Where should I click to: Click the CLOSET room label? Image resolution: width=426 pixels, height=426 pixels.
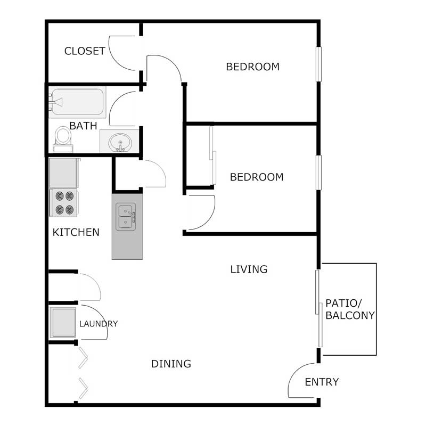tap(85, 51)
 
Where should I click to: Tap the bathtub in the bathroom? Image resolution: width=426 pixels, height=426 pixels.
tap(77, 102)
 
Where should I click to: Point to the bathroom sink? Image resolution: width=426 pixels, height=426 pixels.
tap(120, 142)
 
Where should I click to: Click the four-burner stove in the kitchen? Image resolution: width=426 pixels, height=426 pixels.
tap(64, 203)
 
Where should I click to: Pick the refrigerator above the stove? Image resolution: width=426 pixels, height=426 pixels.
tap(64, 173)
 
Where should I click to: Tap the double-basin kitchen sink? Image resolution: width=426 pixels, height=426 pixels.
tap(126, 217)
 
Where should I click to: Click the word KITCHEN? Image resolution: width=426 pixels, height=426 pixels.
tap(76, 232)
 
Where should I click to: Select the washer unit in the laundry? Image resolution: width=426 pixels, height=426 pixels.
tap(63, 322)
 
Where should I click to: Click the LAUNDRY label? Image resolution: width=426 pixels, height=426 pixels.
tap(99, 323)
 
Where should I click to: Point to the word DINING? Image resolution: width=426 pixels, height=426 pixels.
tap(171, 364)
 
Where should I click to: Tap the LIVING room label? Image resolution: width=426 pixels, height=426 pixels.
tap(249, 269)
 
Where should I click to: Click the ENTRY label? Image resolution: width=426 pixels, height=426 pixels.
tap(322, 382)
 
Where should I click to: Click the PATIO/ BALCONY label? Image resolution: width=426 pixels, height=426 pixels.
tap(350, 309)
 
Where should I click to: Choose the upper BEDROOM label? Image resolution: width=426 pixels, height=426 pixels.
tap(253, 67)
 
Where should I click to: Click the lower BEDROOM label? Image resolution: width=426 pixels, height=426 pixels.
tap(257, 177)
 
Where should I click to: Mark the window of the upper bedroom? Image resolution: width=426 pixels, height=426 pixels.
tap(319, 64)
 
